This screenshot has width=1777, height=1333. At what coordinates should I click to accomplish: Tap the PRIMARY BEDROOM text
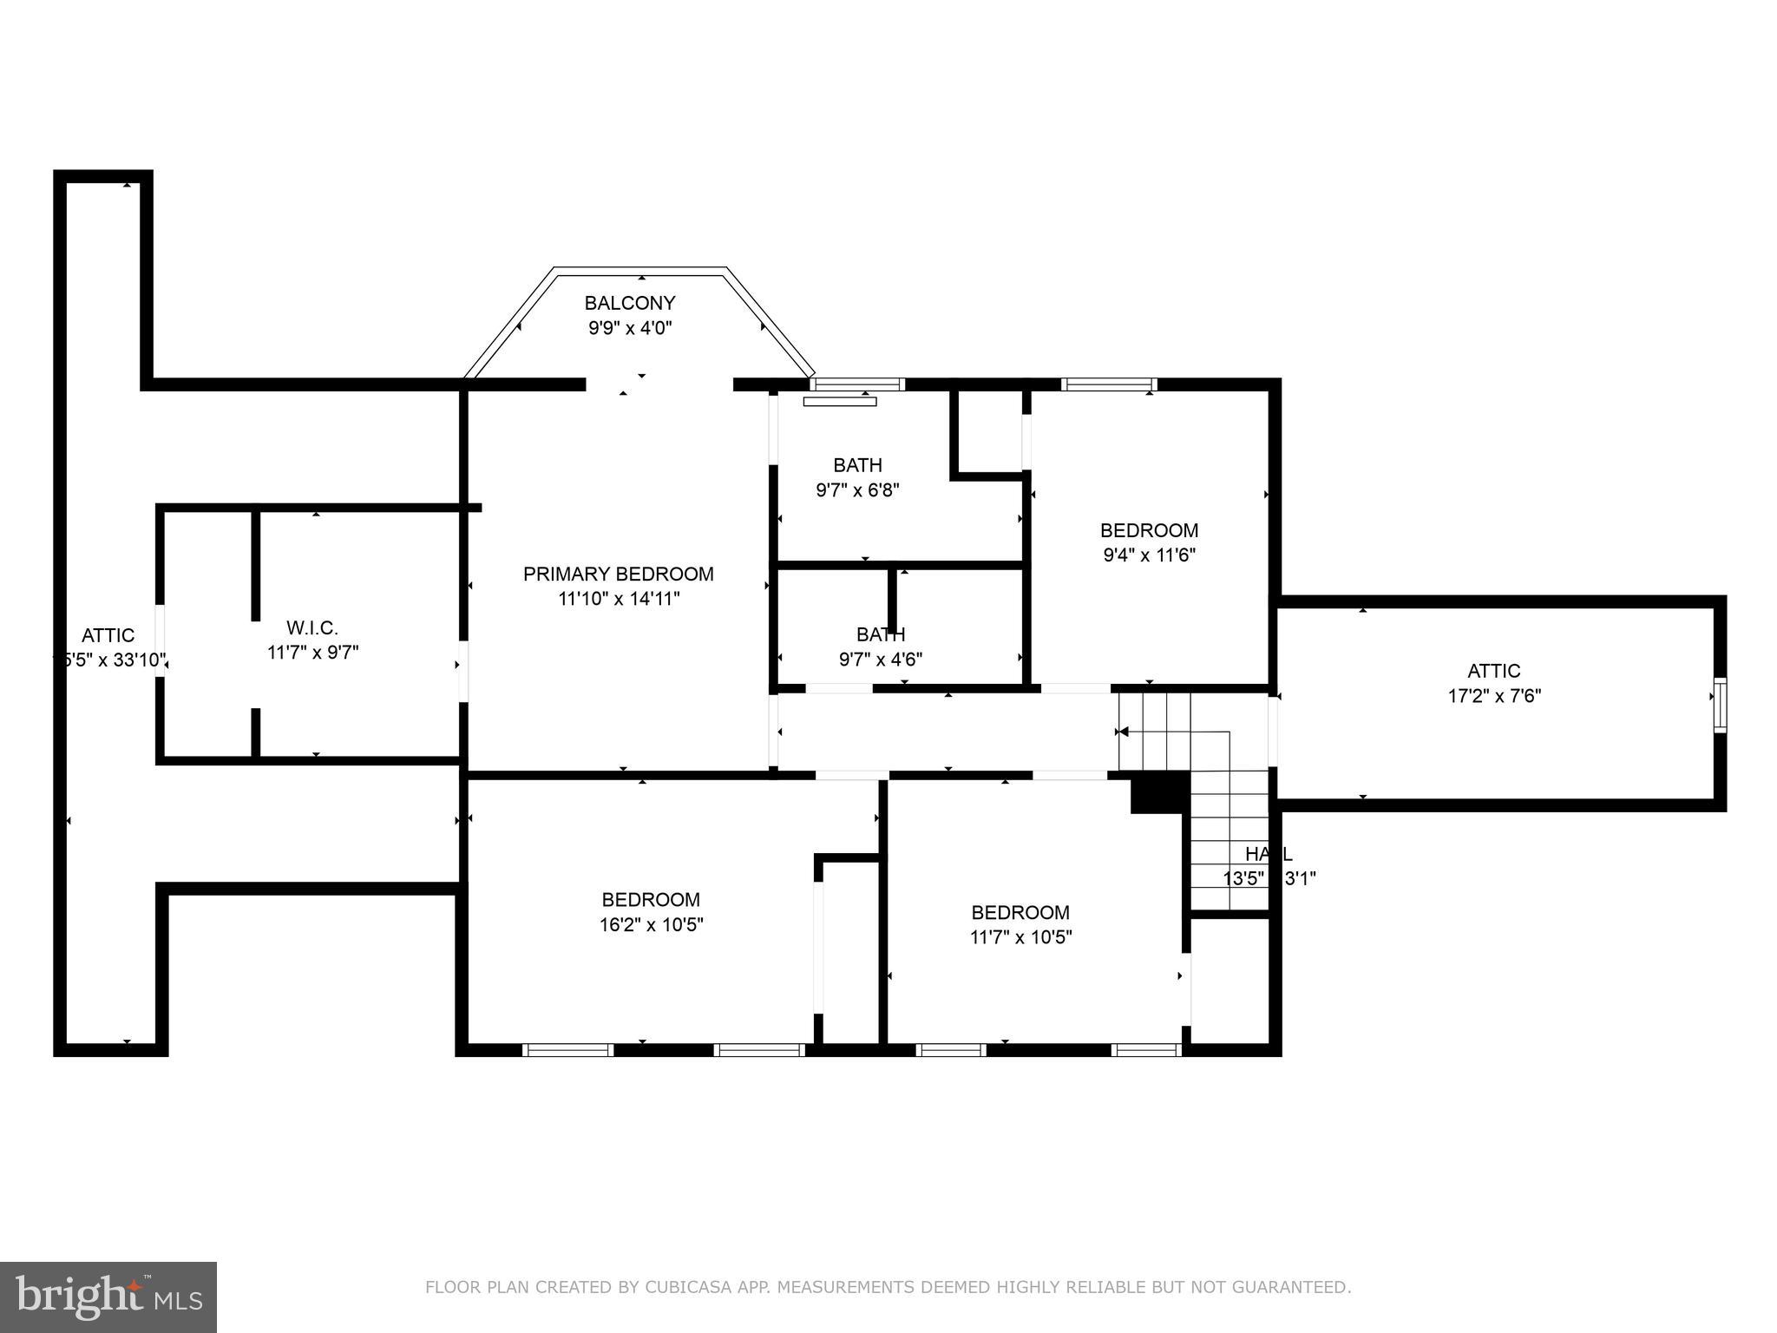coord(618,574)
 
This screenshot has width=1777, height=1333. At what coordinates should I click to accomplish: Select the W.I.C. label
coord(311,627)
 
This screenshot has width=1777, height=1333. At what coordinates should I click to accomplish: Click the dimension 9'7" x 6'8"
coord(857,489)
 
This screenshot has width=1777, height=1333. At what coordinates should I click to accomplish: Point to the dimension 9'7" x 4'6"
coord(880,659)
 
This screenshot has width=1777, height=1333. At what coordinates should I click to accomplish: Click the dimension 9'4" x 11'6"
coord(1149,555)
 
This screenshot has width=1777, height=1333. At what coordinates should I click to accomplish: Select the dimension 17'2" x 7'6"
coord(1493,695)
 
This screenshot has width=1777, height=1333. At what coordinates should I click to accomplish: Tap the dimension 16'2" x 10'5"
coord(651,924)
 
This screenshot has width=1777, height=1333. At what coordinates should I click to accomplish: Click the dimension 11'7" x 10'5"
coord(1020,937)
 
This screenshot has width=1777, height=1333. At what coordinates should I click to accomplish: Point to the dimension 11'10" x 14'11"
coord(618,598)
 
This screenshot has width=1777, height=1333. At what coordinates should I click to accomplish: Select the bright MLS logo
coord(108,1297)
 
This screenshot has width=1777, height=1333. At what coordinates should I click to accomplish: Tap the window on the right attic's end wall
coord(1719,705)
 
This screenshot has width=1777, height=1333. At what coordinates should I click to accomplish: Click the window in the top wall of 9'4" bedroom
coord(1108,384)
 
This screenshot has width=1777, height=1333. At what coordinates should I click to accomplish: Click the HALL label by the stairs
coord(1268,853)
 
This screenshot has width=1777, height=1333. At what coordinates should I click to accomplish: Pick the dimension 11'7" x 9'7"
coord(311,652)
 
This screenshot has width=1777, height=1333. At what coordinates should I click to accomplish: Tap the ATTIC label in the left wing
coord(108,635)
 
